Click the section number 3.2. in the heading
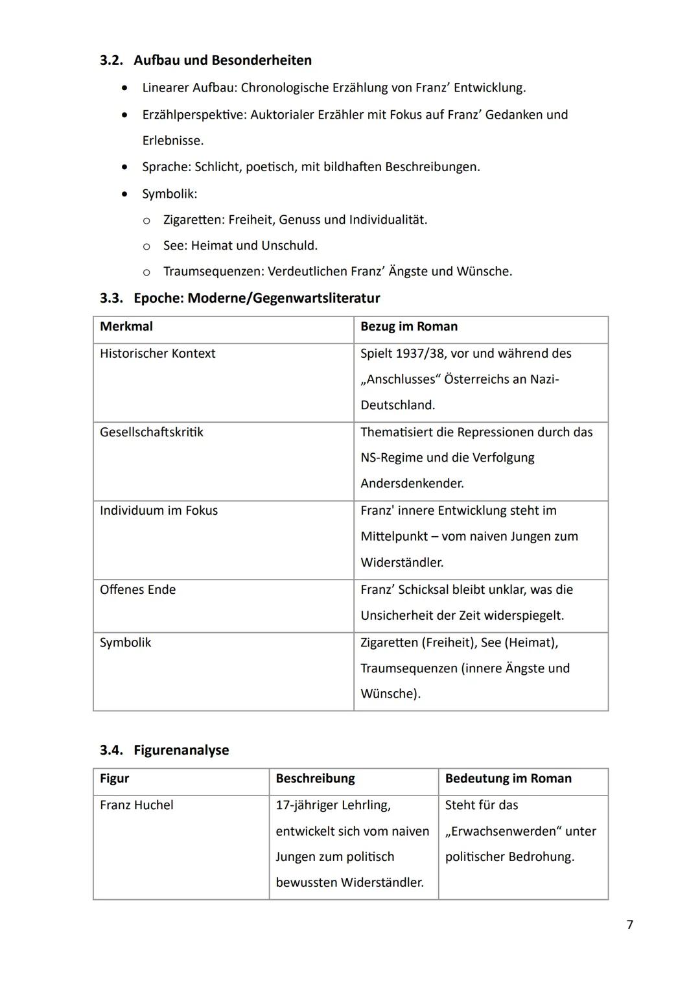coord(113,60)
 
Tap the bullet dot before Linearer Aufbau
coord(124,88)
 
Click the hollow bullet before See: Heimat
coord(146,246)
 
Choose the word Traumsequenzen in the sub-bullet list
coord(212,272)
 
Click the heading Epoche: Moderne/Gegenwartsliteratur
coord(257,298)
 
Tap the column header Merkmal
coord(126,327)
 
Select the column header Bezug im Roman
coord(409,327)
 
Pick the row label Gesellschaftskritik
coord(151,432)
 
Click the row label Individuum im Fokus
coord(159,511)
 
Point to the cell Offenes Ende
coord(137,590)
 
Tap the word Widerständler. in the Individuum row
coord(402,563)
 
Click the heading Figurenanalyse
coord(181,750)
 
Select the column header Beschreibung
coord(315,779)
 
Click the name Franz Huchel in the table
coord(137,805)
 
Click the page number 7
coord(629,925)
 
